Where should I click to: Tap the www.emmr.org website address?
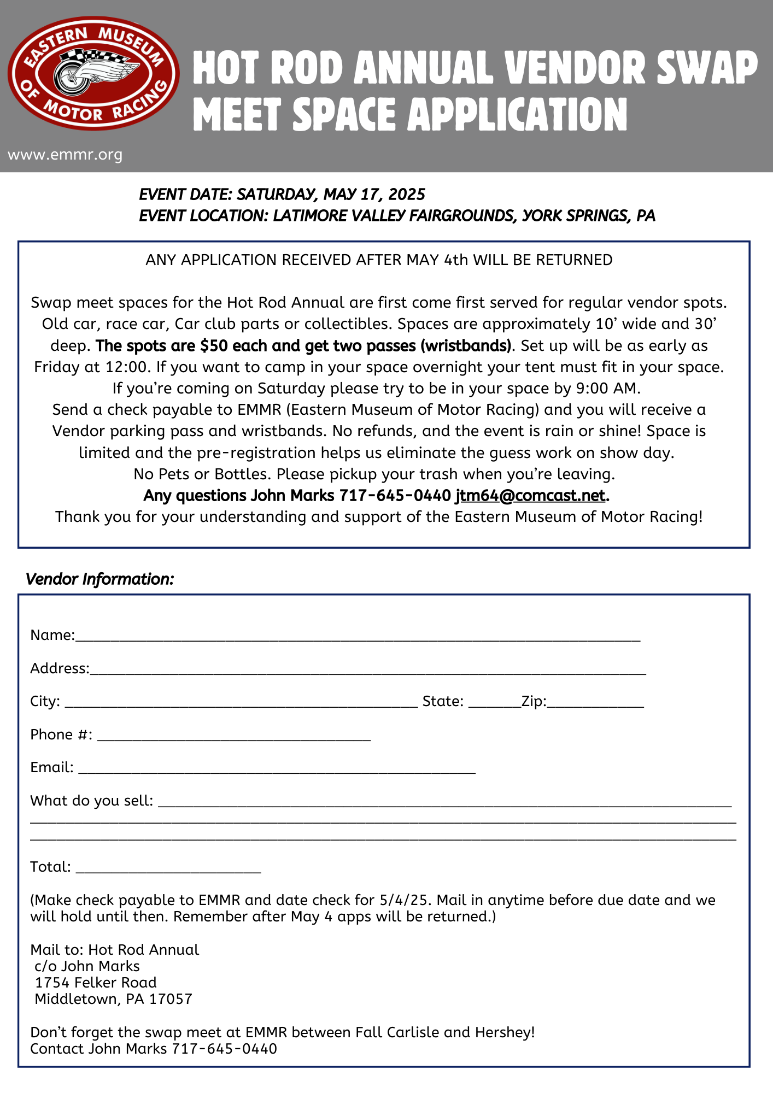[x=65, y=155]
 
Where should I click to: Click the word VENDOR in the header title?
[x=575, y=68]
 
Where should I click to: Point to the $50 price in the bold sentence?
[x=214, y=346]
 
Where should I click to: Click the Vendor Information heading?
[x=100, y=579]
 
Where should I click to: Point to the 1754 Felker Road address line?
[x=96, y=983]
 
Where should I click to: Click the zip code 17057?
[x=171, y=999]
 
